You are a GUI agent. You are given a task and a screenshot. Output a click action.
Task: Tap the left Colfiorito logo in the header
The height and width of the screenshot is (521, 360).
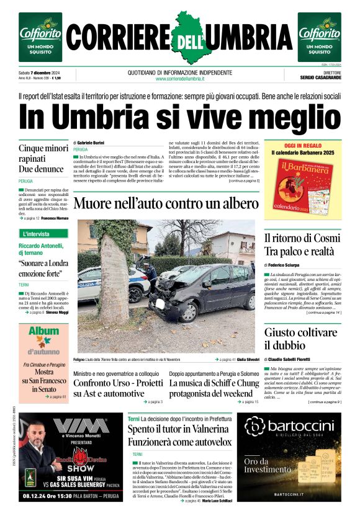click(40, 37)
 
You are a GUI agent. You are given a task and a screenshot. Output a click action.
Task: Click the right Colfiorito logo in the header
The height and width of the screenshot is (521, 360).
click(319, 37)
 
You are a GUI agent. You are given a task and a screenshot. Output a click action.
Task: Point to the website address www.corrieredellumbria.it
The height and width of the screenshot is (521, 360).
click(179, 78)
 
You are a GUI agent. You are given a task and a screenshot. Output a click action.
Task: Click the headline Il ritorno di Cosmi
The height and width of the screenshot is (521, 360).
click(302, 244)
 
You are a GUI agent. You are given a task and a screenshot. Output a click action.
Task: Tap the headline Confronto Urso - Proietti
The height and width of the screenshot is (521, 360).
click(118, 389)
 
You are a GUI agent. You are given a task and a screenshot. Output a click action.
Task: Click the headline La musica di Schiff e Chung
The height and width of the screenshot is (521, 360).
click(214, 389)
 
